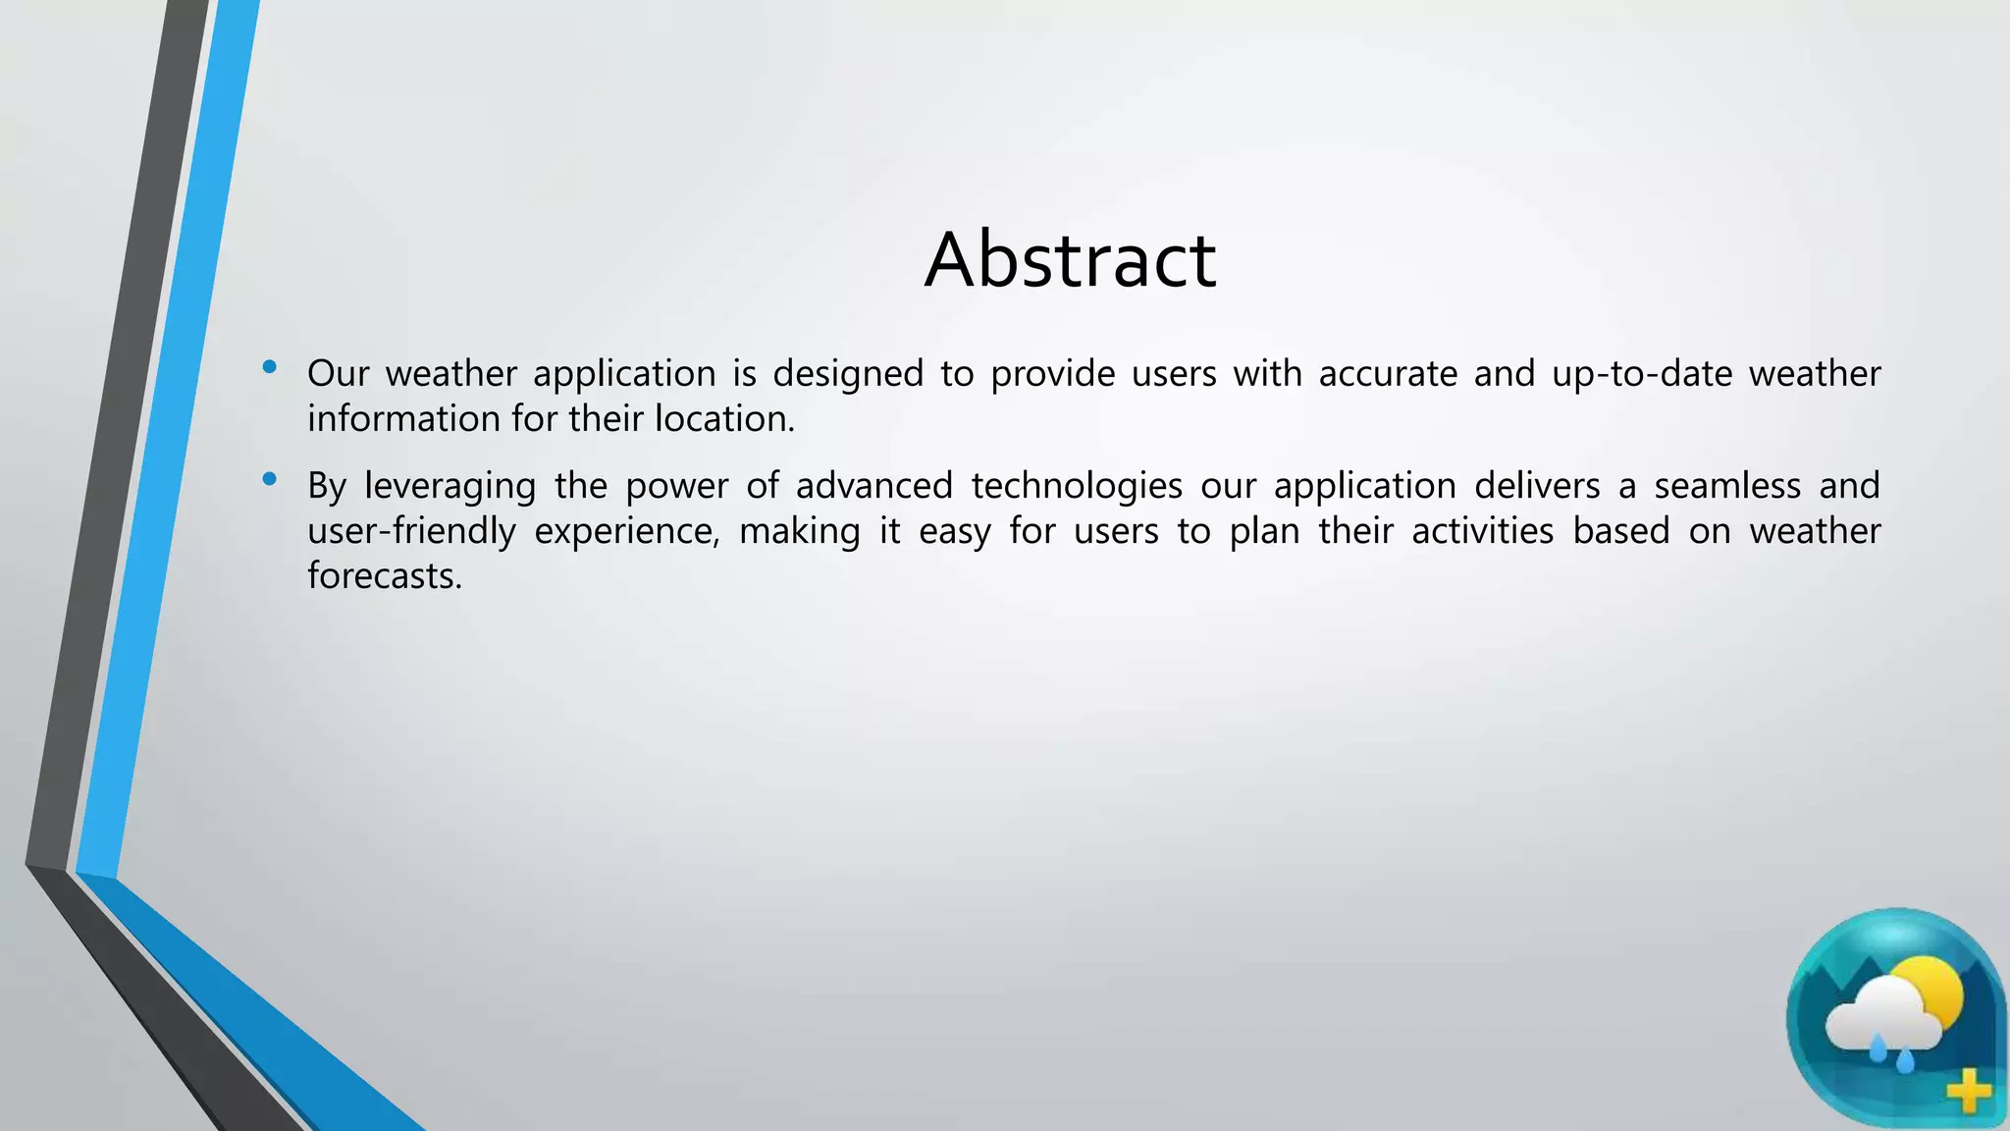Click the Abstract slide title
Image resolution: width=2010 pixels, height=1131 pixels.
point(1070,259)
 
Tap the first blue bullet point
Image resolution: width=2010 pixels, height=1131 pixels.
point(270,368)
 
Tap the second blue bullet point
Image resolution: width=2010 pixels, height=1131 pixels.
point(270,480)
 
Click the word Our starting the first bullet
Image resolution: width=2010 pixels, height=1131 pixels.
point(338,374)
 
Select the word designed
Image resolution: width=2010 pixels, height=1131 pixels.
point(848,374)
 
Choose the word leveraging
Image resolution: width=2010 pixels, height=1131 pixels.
point(450,487)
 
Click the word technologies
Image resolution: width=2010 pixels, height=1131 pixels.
point(1077,486)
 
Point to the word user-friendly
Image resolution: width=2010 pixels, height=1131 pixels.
point(411,531)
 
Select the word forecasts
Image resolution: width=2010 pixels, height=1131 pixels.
point(384,576)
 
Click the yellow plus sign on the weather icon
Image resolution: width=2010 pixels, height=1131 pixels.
point(1968,1092)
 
